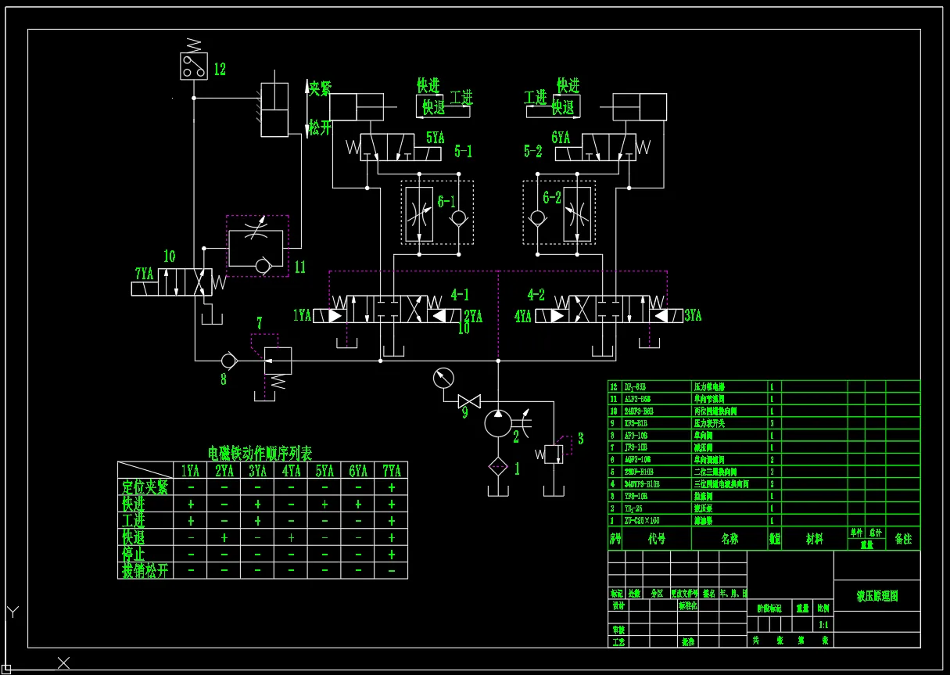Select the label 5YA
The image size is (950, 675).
pos(435,138)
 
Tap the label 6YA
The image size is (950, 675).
pos(561,138)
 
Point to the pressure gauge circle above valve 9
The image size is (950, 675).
pos(443,379)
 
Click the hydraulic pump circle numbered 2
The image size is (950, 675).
pos(497,423)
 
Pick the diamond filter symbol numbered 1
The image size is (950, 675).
pos(497,468)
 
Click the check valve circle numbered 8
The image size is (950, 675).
pos(228,361)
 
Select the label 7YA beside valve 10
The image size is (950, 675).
pos(144,274)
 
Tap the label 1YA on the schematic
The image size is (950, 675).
pos(303,316)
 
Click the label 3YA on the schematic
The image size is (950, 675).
pos(693,316)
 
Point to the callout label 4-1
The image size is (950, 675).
pos(460,296)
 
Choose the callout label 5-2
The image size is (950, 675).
pos(533,152)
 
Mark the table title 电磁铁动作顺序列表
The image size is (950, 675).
pos(260,453)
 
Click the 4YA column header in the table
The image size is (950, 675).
pos(292,471)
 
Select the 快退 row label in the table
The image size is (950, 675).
pos(134,537)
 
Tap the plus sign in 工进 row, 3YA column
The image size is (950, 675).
pos(258,521)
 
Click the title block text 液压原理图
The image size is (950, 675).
pos(877,596)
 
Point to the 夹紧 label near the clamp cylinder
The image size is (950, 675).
pos(320,88)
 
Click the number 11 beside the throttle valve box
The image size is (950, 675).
pos(300,267)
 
